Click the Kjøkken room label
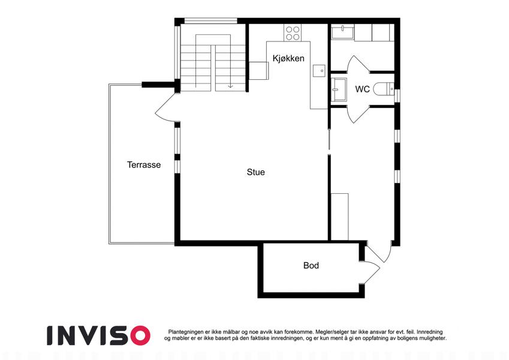(288, 58)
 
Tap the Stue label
(256, 172)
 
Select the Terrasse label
(144, 165)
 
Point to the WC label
(362, 89)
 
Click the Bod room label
(311, 265)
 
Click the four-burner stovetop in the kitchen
(293, 33)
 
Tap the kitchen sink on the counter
(319, 71)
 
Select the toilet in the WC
(383, 89)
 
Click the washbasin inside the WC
(339, 89)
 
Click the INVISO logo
(99, 335)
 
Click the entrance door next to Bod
(378, 251)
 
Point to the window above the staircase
(210, 21)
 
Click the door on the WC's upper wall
(357, 64)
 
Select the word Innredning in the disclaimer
(429, 332)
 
